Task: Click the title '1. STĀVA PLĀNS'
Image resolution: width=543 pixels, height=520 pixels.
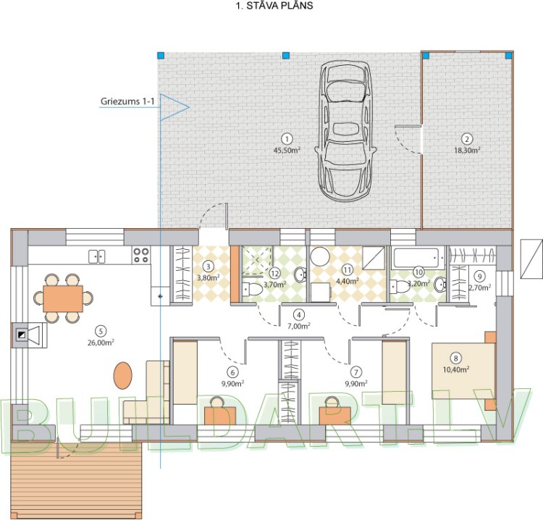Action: pyautogui.click(x=274, y=6)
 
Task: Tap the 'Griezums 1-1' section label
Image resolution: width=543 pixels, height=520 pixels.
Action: pyautogui.click(x=127, y=101)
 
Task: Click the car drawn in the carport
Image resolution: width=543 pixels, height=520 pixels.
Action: pyautogui.click(x=345, y=131)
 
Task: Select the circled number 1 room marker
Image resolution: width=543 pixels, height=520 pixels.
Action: pyautogui.click(x=287, y=139)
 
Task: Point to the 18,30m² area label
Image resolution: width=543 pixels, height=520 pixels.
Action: pyautogui.click(x=467, y=151)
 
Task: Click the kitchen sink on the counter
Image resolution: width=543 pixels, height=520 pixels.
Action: pyautogui.click(x=96, y=256)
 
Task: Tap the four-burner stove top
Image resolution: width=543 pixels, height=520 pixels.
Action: pyautogui.click(x=141, y=255)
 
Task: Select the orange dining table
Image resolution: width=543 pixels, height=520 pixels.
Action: pyautogui.click(x=63, y=298)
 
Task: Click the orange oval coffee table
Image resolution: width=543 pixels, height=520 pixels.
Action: pyautogui.click(x=123, y=375)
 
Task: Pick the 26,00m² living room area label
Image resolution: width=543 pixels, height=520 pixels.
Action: pyautogui.click(x=101, y=343)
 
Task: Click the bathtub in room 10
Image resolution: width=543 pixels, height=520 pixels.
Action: pyautogui.click(x=418, y=258)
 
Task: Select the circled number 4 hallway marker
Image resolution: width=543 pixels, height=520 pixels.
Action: pyautogui.click(x=299, y=314)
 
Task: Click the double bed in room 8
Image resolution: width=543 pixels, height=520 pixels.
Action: pyautogui.click(x=463, y=371)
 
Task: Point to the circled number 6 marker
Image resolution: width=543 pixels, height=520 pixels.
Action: pyautogui.click(x=232, y=372)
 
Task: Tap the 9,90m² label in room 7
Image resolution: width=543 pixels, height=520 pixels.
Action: pyautogui.click(x=356, y=384)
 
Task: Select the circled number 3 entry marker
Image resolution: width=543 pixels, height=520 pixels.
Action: pyautogui.click(x=208, y=267)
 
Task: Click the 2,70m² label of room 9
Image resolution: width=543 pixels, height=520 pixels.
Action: pyautogui.click(x=480, y=288)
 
